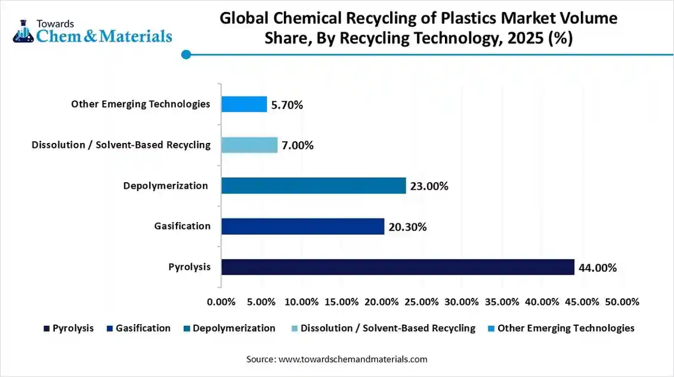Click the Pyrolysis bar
point(397,267)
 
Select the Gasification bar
point(302,226)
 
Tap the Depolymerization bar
point(313,186)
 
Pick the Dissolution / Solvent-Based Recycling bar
point(249,145)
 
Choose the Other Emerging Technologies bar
point(244,104)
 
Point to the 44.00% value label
point(597,268)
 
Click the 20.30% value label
point(407,227)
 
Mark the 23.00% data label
point(429,186)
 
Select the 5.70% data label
point(287,105)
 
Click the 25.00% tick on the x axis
point(421,302)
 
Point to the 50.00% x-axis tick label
point(622,302)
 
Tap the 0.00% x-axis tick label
point(221,302)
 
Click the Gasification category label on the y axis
point(182,226)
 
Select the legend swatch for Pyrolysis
point(47,328)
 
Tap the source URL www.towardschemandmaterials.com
point(353,359)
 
